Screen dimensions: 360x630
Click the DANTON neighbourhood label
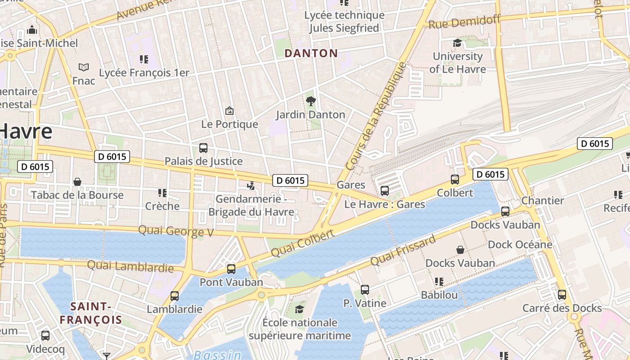pos(311,53)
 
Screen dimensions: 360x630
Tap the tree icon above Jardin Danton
pos(310,101)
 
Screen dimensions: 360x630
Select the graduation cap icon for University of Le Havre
pos(457,43)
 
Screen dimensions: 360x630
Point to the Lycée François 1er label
pos(144,72)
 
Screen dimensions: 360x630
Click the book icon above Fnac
pos(84,67)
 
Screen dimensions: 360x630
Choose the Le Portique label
pos(229,124)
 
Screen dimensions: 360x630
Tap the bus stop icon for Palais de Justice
pos(203,148)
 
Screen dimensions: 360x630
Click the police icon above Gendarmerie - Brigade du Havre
pos(251,185)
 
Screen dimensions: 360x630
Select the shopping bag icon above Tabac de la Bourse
pos(77,182)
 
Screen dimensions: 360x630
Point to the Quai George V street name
pos(175,231)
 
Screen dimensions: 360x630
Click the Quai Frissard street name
pos(403,250)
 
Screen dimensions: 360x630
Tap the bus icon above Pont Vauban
pos(231,269)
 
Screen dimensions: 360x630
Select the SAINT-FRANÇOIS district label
pos(91,313)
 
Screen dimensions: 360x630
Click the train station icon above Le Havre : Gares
pos(384,191)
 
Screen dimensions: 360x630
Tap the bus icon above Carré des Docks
pos(562,295)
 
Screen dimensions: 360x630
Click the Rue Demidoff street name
pos(464,21)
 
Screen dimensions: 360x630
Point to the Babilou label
pos(439,295)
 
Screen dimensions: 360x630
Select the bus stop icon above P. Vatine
pos(365,290)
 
